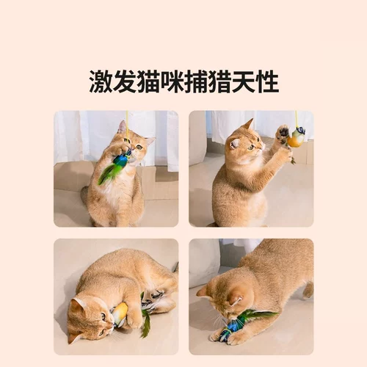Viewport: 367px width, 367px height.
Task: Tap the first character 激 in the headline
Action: pyautogui.click(x=101, y=81)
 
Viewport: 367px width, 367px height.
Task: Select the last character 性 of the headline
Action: pyautogui.click(x=266, y=81)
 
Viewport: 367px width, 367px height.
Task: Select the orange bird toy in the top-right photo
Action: pyautogui.click(x=296, y=137)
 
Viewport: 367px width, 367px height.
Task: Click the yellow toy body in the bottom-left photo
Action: pyautogui.click(x=119, y=315)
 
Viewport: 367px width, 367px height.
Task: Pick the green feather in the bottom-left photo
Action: pyautogui.click(x=145, y=323)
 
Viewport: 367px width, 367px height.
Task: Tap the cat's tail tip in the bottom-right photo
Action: pyautogui.click(x=309, y=290)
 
